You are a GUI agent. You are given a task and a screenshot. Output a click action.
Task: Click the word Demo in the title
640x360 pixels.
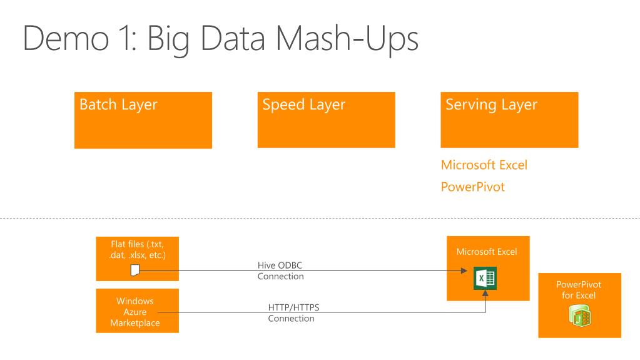(x=66, y=38)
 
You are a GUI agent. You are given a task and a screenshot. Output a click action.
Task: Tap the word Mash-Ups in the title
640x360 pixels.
(x=347, y=40)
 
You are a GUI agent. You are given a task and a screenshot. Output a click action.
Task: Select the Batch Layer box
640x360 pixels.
(x=143, y=120)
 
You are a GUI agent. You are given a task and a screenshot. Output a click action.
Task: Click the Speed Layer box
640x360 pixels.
(x=326, y=120)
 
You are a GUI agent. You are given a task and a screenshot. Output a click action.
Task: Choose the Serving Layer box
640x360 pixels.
(x=509, y=120)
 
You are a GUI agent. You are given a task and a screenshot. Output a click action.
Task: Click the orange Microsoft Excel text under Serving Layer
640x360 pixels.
(x=484, y=165)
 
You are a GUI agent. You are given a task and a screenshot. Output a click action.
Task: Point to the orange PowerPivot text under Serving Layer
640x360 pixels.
(x=473, y=187)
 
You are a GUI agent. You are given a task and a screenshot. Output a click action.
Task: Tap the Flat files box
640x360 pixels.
(x=137, y=259)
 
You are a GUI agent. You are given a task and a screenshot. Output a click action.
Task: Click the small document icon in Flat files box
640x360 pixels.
(x=135, y=270)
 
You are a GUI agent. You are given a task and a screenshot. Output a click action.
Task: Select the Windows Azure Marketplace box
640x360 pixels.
(x=137, y=311)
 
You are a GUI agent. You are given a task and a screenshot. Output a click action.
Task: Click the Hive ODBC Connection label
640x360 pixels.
(x=280, y=270)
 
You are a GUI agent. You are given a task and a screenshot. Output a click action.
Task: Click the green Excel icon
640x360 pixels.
(x=485, y=278)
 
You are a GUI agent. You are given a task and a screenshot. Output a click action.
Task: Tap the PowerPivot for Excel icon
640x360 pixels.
(x=579, y=316)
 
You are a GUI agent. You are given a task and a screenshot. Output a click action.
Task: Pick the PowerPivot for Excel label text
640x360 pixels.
(x=578, y=290)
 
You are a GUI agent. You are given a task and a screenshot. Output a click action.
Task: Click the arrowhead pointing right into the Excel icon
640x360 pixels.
(x=464, y=270)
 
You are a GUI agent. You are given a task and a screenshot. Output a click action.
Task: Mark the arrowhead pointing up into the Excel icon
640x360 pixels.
(x=485, y=293)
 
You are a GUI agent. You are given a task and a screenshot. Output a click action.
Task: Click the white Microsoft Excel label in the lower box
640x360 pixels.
(x=487, y=252)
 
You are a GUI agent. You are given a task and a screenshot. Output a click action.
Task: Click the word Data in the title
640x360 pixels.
(x=233, y=38)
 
